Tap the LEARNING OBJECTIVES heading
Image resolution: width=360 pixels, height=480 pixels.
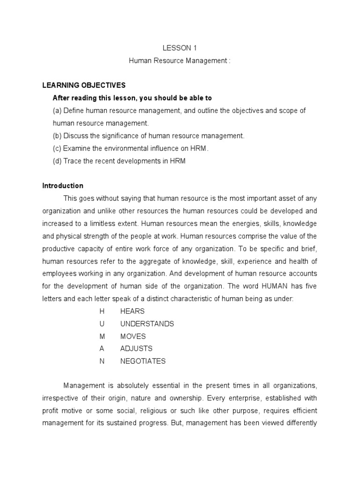click(84, 85)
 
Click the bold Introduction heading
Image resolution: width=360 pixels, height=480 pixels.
click(63, 186)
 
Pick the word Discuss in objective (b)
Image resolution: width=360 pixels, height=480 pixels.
click(75, 136)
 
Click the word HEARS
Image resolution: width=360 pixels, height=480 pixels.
click(133, 311)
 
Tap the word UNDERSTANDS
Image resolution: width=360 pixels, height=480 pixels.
click(147, 324)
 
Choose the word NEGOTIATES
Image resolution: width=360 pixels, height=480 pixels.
click(143, 361)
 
